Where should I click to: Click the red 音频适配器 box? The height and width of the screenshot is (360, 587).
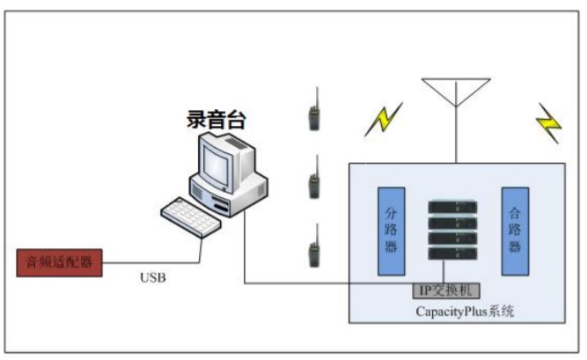59,262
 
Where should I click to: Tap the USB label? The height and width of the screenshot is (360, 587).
152,278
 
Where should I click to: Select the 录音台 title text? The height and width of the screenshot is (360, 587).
216,120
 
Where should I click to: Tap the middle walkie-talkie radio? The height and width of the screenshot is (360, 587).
313,184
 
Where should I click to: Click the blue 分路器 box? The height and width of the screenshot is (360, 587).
392,231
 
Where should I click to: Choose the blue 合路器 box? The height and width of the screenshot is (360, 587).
515,231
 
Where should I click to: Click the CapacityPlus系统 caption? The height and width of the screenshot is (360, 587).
464,312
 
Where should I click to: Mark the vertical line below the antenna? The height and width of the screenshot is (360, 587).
455,136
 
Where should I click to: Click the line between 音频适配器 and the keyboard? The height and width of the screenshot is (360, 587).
150,262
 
